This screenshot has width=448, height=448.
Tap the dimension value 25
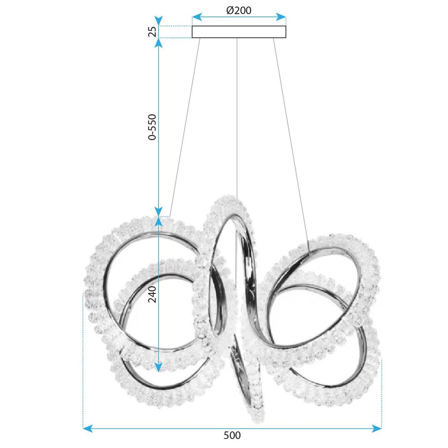[x=153, y=32]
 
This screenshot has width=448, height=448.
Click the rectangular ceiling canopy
[x=239, y=32]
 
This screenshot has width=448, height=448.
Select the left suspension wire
[x=185, y=125]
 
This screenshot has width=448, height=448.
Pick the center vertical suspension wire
[x=237, y=116]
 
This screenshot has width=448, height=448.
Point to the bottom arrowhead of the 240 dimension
[x=158, y=367]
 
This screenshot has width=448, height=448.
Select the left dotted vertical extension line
[x=83, y=358]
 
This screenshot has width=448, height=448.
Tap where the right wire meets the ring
[x=309, y=253]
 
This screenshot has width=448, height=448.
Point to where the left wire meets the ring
[x=170, y=217]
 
